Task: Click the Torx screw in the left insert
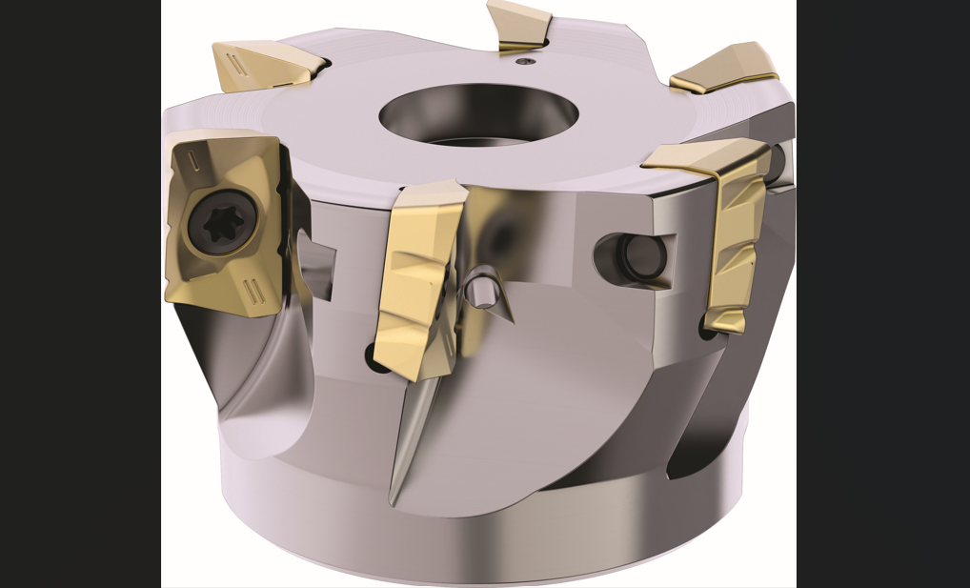pyautogui.click(x=221, y=224)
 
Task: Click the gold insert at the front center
pyautogui.click(x=416, y=276)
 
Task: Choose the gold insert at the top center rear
pyautogui.click(x=519, y=24)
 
